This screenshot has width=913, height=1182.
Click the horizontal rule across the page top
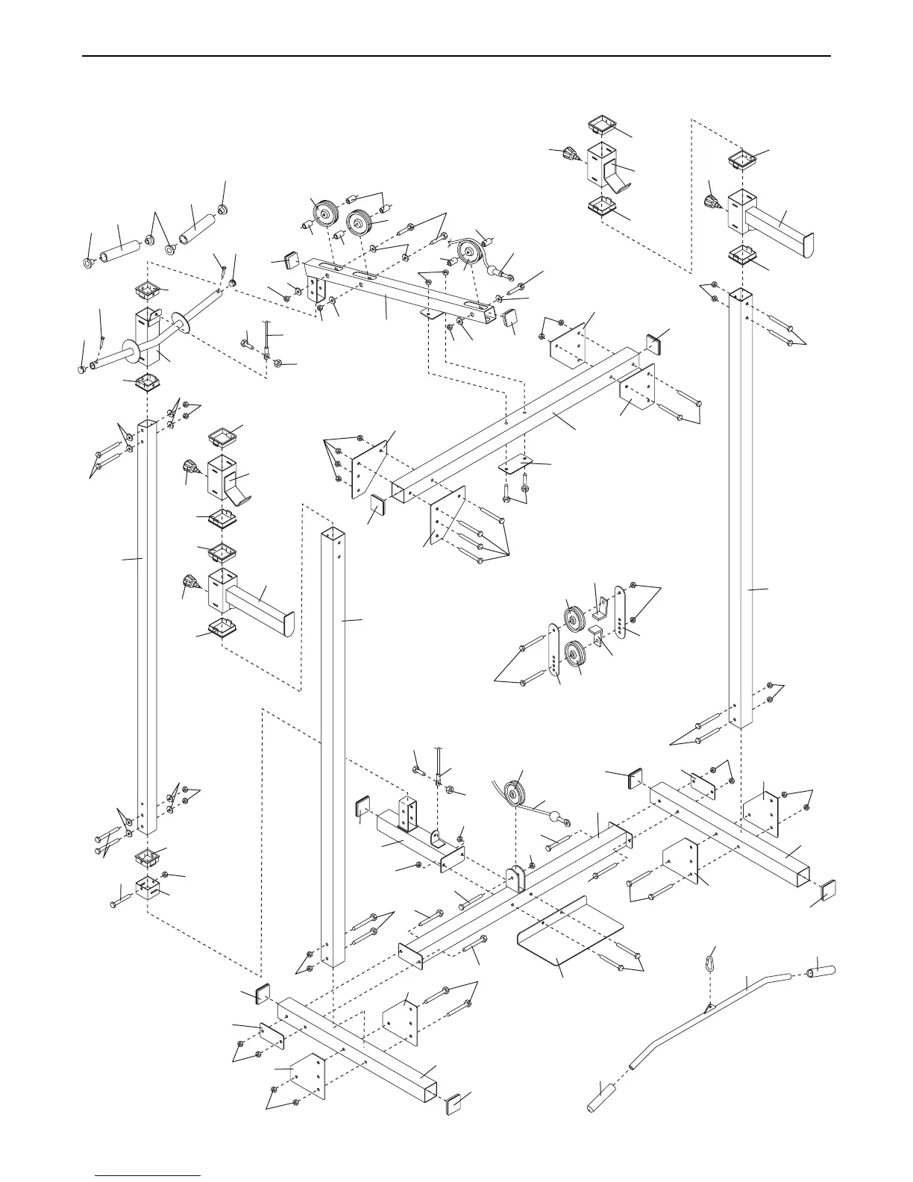tap(456, 55)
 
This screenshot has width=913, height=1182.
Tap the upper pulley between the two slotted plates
tap(575, 618)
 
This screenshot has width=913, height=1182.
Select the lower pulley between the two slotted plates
tap(575, 654)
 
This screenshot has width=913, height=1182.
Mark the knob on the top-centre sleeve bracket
tap(572, 154)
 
